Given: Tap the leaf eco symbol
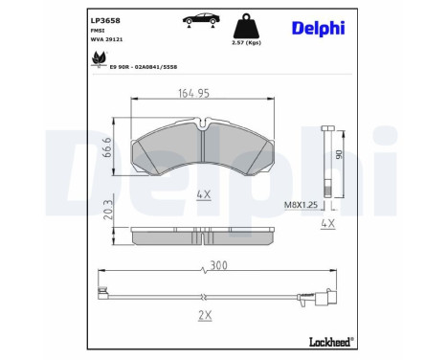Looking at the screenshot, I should tap(97, 60).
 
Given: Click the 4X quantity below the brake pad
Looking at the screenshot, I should tap(204, 194).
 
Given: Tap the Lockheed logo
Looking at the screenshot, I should tap(328, 341).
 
